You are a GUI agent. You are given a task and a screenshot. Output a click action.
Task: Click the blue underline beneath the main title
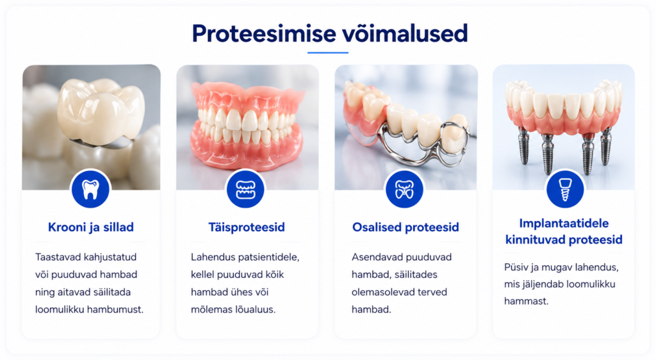(327, 53)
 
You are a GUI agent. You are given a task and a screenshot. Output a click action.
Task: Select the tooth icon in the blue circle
(90, 190)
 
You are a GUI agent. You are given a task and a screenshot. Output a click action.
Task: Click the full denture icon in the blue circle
(245, 190)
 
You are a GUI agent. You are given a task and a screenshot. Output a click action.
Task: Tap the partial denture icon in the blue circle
(405, 190)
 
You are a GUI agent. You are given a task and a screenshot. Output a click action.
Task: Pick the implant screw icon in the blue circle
(565, 190)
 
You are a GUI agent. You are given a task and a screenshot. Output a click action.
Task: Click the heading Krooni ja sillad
(91, 227)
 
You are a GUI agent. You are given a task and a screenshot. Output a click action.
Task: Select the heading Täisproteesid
(247, 227)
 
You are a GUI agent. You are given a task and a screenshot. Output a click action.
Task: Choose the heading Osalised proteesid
(406, 227)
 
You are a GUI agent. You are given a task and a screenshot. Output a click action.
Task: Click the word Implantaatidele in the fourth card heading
(564, 224)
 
